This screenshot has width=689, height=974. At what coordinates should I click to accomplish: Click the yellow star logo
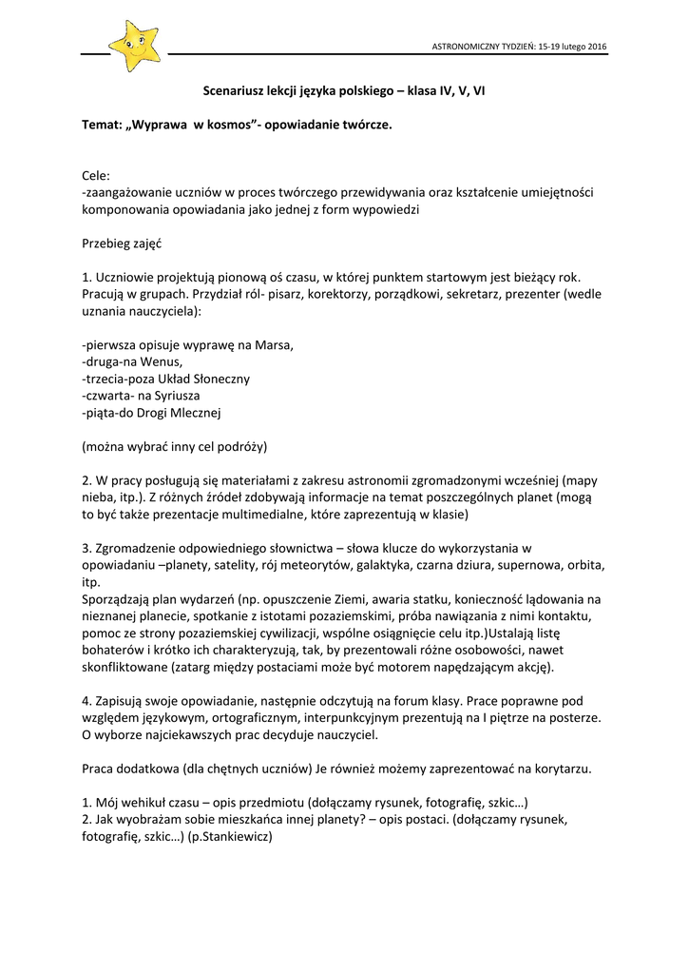[x=134, y=45]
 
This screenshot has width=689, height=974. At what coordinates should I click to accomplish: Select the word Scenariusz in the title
[x=237, y=91]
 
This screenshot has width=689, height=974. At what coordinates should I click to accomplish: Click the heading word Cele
[x=96, y=176]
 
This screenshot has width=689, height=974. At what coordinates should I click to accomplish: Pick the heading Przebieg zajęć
[x=122, y=243]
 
